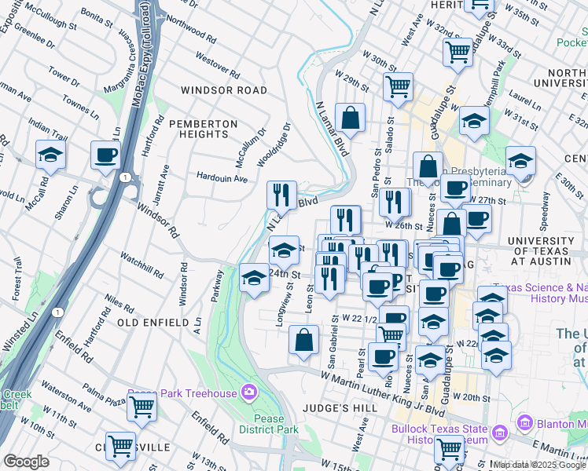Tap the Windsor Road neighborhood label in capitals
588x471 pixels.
click(x=224, y=90)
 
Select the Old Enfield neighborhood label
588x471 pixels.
click(x=153, y=322)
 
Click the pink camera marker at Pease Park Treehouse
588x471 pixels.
click(x=249, y=391)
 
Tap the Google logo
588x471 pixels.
click(x=26, y=462)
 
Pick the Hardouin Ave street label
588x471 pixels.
click(x=222, y=178)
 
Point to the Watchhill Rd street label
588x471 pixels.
click(x=141, y=265)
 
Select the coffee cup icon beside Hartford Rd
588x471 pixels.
click(x=105, y=155)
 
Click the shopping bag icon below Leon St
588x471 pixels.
click(x=303, y=340)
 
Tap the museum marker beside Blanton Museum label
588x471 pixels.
click(x=525, y=425)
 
